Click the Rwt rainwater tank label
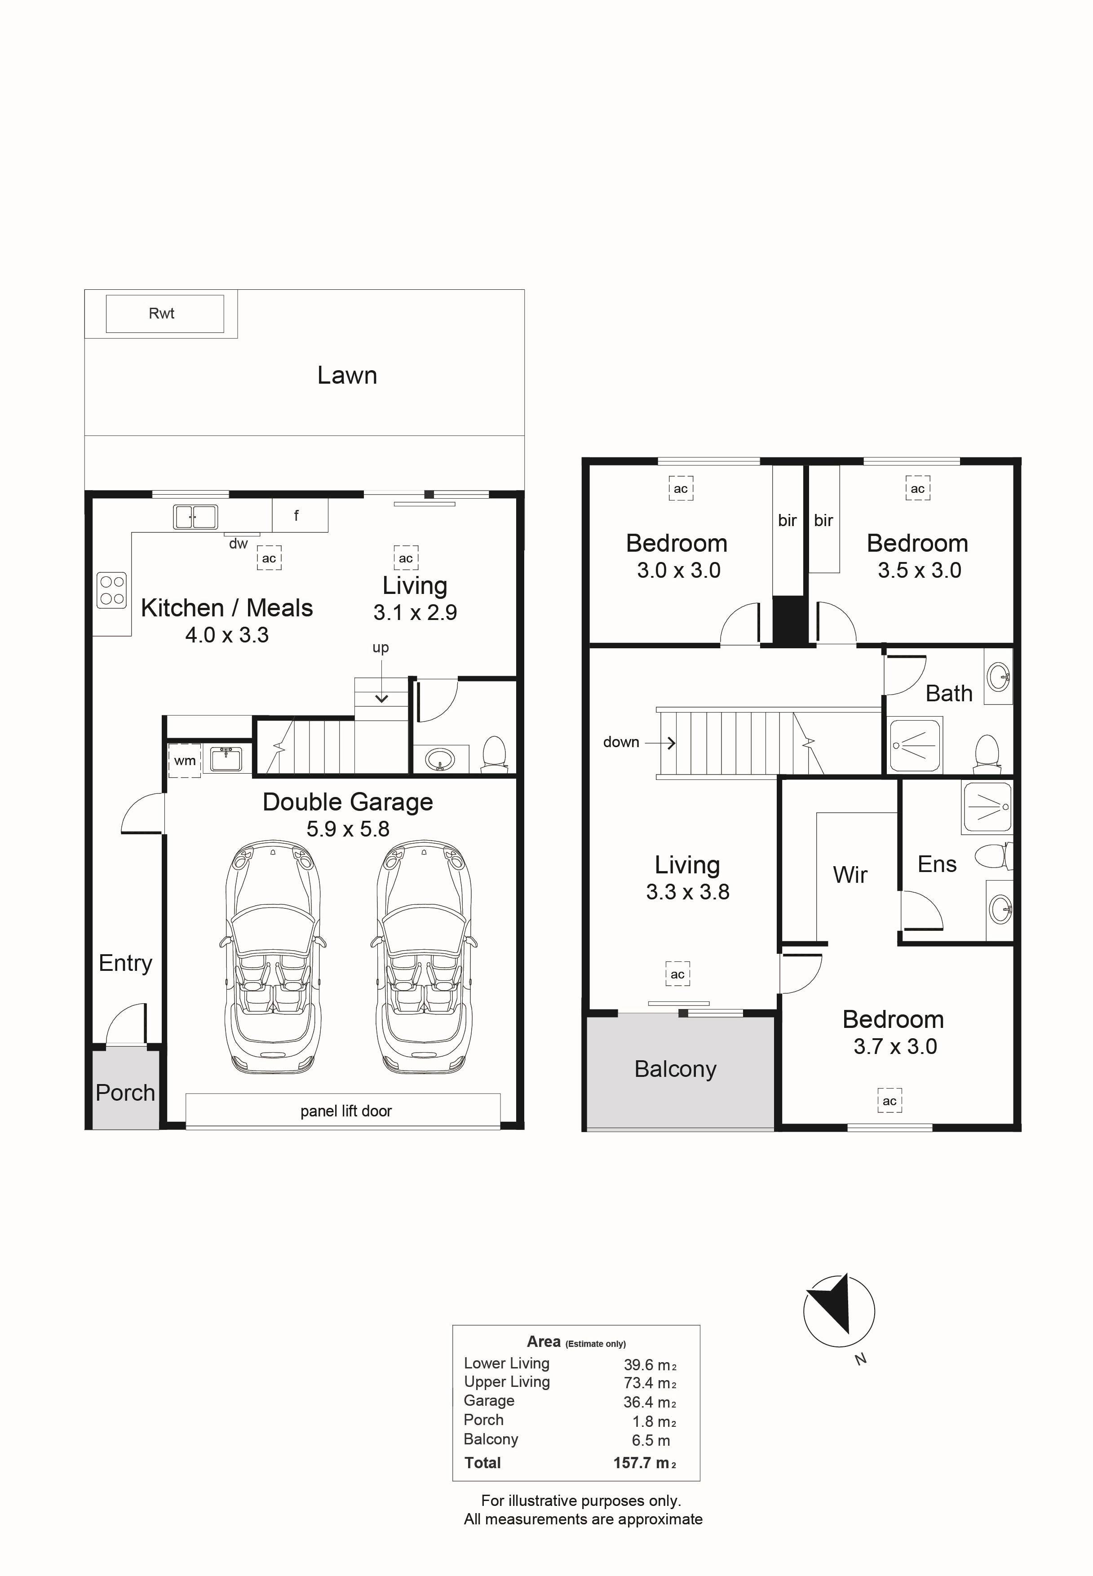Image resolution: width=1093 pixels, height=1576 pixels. (x=162, y=314)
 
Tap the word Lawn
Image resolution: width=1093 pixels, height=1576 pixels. (x=347, y=375)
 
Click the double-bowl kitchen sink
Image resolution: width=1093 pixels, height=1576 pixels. (x=195, y=517)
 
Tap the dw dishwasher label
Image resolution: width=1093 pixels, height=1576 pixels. (x=239, y=544)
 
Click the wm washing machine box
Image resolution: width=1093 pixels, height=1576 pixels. (x=184, y=760)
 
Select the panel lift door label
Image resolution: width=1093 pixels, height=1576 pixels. (x=346, y=1111)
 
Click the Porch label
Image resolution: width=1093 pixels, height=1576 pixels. (x=125, y=1093)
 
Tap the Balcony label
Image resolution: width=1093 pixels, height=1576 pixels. (x=675, y=1069)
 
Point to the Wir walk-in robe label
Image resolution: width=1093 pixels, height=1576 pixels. (x=850, y=875)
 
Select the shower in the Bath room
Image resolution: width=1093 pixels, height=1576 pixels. (x=916, y=744)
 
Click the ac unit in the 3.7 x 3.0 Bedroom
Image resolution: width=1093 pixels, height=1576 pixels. (x=889, y=1101)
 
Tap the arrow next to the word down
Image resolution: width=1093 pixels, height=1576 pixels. (x=660, y=743)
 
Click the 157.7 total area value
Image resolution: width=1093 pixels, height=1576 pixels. (x=632, y=1463)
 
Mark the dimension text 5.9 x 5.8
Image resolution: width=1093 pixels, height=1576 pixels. (x=348, y=829)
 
